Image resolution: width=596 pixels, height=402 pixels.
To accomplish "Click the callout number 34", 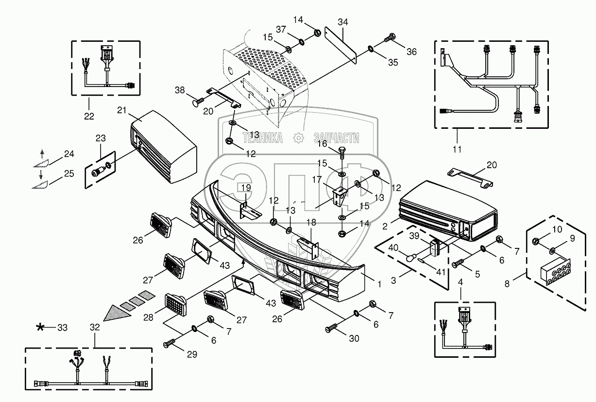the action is click(343, 22).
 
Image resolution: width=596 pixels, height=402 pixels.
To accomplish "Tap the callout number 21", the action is click(121, 110).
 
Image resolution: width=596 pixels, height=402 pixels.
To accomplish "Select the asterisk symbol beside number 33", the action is click(40, 327).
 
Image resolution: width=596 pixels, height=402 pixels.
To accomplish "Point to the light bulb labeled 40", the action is click(411, 258).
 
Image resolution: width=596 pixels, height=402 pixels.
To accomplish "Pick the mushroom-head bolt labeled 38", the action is click(198, 102).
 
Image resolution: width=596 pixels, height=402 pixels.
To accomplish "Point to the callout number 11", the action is click(457, 149).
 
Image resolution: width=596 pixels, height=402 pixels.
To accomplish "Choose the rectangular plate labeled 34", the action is click(341, 45).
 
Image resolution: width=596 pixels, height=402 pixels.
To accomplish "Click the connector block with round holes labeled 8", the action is click(556, 271).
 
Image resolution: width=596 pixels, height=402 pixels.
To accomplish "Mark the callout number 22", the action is click(89, 116).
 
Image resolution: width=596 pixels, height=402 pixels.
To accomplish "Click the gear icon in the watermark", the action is click(298, 138).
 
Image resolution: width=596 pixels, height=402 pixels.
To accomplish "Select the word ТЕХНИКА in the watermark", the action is click(263, 138).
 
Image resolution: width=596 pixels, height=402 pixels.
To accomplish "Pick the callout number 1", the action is click(379, 284).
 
